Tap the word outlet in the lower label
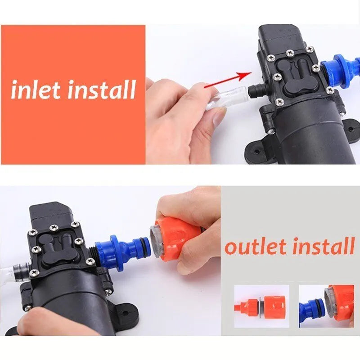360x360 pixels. pyautogui.click(x=256, y=247)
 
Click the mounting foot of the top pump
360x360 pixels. pyautogui.click(x=258, y=151)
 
